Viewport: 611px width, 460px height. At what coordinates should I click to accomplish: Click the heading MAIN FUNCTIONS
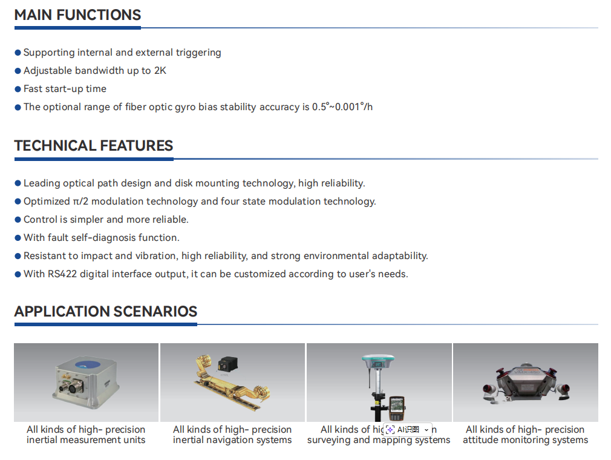[x=77, y=15]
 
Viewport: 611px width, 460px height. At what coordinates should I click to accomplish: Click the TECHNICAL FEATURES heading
[x=94, y=145]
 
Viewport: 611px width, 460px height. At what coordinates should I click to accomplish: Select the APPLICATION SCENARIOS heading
[x=106, y=312]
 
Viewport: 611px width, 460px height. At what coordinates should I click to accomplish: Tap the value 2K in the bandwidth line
[x=160, y=71]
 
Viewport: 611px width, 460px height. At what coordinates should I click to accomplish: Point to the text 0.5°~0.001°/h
[x=342, y=107]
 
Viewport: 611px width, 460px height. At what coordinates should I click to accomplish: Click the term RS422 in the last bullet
[x=62, y=274]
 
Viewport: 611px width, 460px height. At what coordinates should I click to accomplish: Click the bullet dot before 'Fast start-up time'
[x=18, y=89]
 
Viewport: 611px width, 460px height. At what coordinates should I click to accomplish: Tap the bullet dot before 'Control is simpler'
[x=18, y=220]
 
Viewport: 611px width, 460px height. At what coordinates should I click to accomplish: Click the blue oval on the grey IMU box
[x=88, y=364]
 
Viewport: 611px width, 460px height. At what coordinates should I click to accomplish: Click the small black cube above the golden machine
[x=227, y=364]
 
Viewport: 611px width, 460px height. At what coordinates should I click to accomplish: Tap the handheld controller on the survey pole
[x=397, y=408]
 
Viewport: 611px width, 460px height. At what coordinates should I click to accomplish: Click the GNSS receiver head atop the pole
[x=377, y=362]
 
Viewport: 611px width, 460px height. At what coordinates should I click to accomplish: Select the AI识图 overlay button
[x=408, y=430]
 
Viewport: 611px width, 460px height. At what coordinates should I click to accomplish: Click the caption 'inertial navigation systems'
[x=232, y=440]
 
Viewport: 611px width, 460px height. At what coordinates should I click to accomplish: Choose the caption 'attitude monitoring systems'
[x=525, y=440]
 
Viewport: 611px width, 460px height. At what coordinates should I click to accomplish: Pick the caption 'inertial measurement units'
[x=86, y=440]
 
